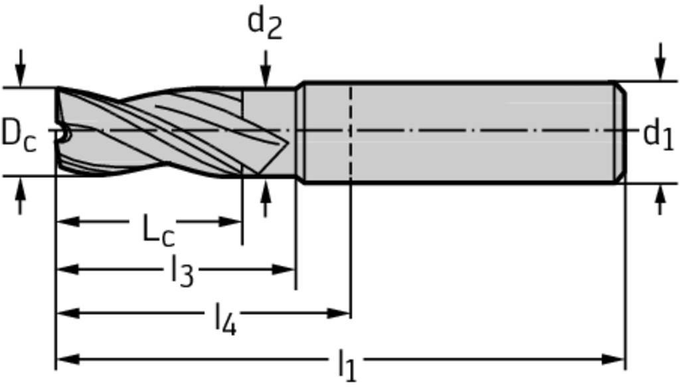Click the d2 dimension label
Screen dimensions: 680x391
click(x=264, y=23)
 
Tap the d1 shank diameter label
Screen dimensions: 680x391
click(x=658, y=135)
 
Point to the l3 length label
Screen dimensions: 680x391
click(x=181, y=271)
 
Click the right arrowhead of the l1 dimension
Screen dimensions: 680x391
click(x=614, y=359)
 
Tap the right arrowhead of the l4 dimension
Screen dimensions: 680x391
click(x=339, y=313)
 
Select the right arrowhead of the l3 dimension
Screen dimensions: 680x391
click(x=284, y=270)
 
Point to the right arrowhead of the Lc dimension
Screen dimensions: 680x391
click(x=230, y=222)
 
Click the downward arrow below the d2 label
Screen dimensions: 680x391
click(x=266, y=68)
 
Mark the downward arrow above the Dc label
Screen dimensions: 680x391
click(x=20, y=68)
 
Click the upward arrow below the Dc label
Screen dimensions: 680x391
click(x=20, y=196)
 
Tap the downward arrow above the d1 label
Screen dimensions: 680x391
click(x=660, y=62)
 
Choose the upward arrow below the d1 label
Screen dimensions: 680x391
click(x=660, y=199)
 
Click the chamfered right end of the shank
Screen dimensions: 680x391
click(x=621, y=132)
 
